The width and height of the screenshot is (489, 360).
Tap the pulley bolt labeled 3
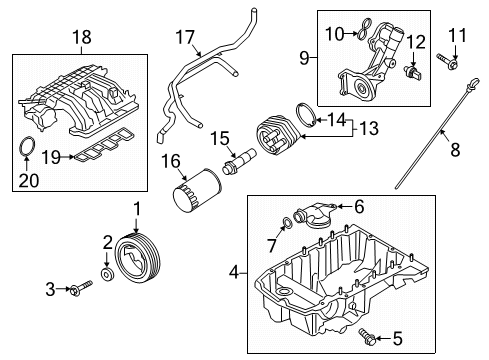click(x=81, y=291)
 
